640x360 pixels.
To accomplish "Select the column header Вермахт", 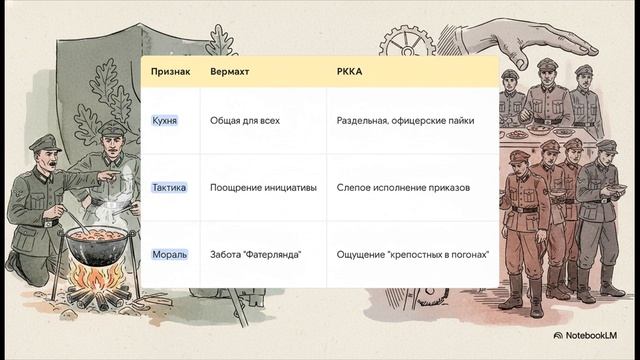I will click(x=230, y=73).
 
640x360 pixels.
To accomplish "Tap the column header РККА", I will click(x=350, y=73).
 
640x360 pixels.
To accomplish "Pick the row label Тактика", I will click(x=168, y=187).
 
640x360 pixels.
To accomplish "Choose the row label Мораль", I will click(x=168, y=254).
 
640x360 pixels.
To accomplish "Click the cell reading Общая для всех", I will click(x=244, y=121).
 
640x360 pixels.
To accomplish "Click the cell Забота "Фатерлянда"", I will click(x=256, y=254).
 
